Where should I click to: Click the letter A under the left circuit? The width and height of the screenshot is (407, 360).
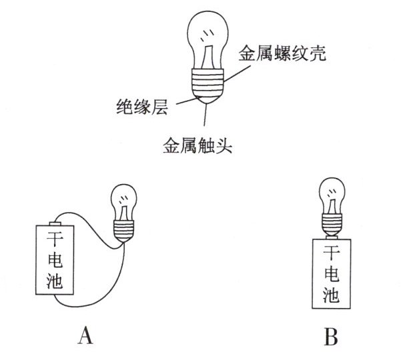pos(85,337)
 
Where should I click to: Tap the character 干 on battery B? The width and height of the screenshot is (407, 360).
pos(330,253)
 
